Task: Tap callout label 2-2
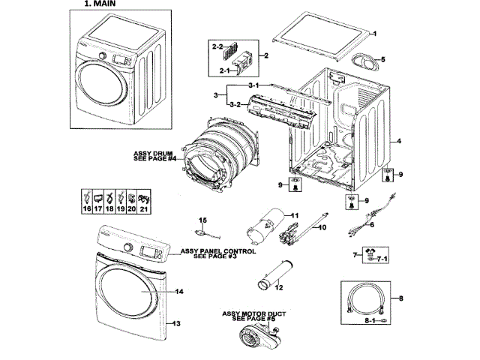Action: click(x=217, y=46)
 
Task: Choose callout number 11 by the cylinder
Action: click(x=295, y=216)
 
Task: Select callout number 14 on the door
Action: click(x=179, y=291)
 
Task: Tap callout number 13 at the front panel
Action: click(x=177, y=323)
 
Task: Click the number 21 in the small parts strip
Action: click(x=144, y=209)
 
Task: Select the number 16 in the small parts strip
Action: click(x=87, y=209)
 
